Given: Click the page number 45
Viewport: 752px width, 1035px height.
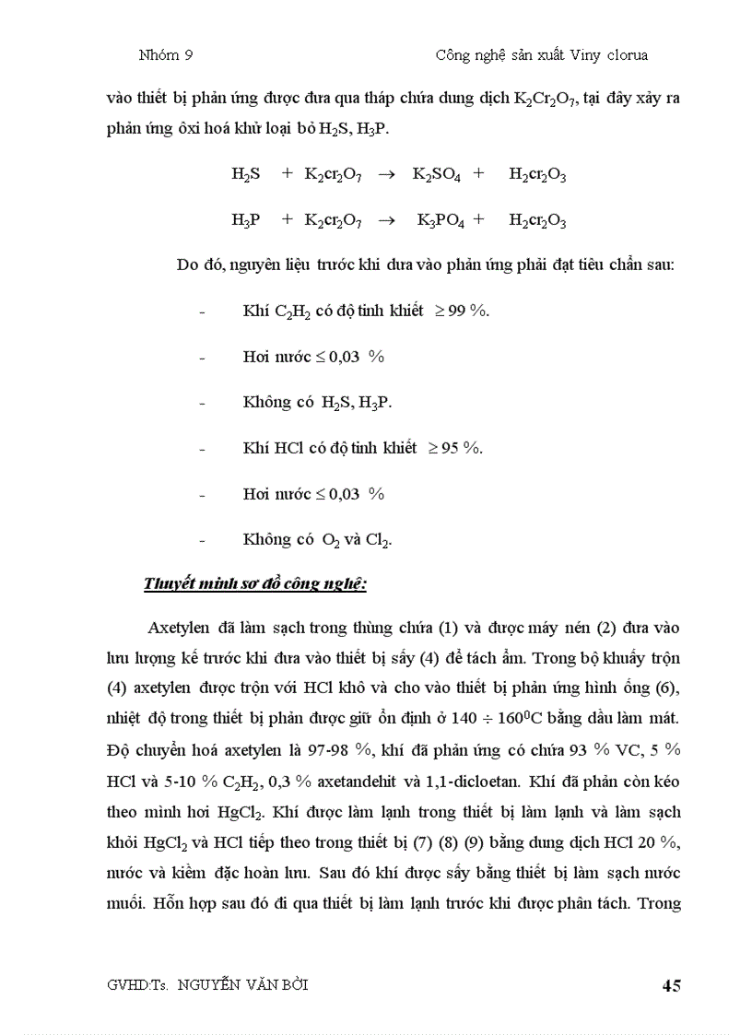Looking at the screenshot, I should pyautogui.click(x=671, y=986).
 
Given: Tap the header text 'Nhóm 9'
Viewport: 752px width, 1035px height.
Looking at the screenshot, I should pyautogui.click(x=165, y=55).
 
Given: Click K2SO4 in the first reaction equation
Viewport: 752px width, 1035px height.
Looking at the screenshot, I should pyautogui.click(x=436, y=175).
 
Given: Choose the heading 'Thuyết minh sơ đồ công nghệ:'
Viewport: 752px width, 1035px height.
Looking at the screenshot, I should pyautogui.click(x=255, y=584).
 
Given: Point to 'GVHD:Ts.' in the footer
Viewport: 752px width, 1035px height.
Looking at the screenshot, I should pyautogui.click(x=136, y=985).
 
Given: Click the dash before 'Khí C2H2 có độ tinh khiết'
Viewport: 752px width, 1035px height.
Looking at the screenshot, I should pyautogui.click(x=202, y=311).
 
